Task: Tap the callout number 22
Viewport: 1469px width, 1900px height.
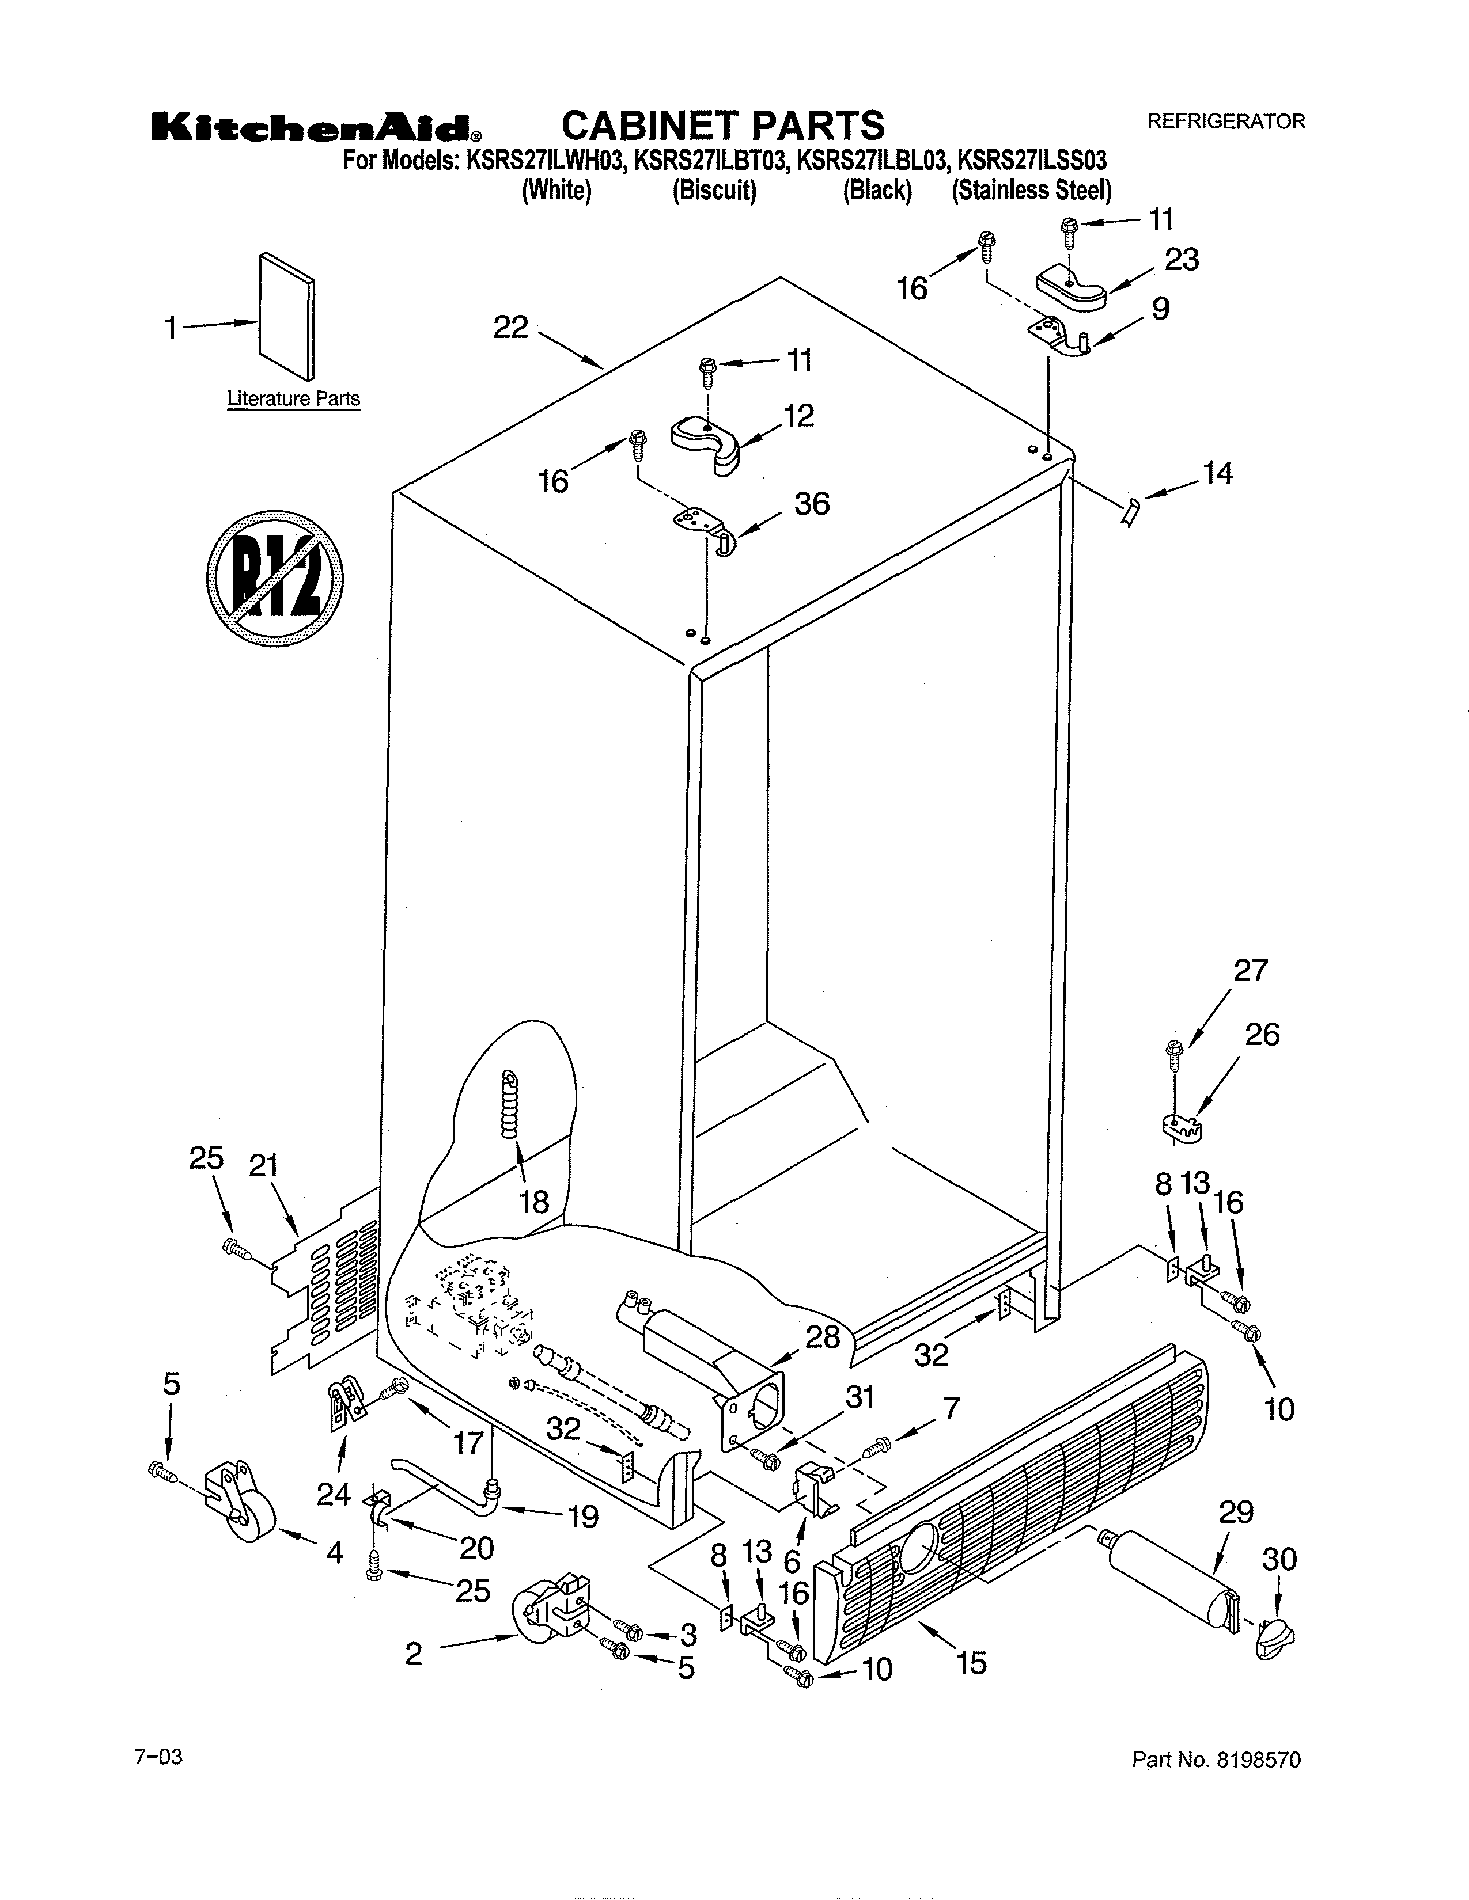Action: tap(511, 328)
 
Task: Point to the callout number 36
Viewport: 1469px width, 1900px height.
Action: tap(811, 504)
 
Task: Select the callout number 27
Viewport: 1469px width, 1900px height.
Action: tap(1251, 970)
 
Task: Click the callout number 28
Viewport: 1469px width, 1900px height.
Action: tap(823, 1337)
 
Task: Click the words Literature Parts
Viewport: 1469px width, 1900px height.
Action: tap(293, 398)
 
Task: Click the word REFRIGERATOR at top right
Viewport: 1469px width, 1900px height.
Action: tap(1225, 122)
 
